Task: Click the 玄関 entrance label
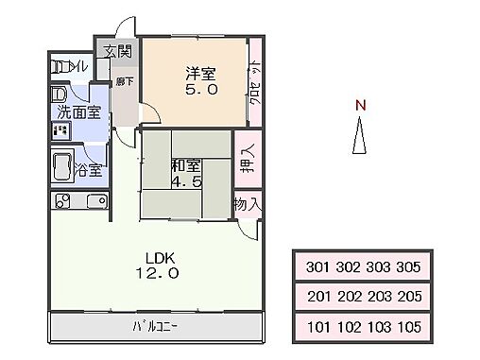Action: pyautogui.click(x=118, y=50)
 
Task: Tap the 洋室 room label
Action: pyautogui.click(x=199, y=73)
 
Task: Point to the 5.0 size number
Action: pyautogui.click(x=199, y=91)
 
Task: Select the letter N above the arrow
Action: pyautogui.click(x=359, y=106)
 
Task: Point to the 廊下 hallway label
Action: pyautogui.click(x=123, y=83)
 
